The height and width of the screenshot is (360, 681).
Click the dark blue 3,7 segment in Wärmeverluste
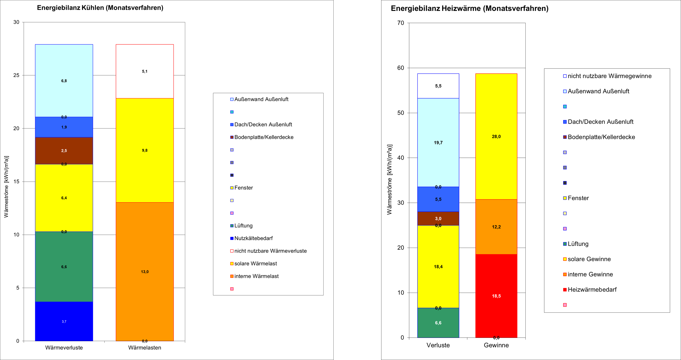pos(64,321)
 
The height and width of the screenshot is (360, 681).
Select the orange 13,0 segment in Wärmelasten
pos(144,272)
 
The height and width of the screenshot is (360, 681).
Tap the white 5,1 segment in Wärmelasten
pos(144,71)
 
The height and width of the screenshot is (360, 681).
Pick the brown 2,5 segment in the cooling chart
pos(64,150)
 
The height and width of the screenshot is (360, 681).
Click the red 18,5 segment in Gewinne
pos(496,296)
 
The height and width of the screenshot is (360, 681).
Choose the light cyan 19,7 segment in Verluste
pos(438,142)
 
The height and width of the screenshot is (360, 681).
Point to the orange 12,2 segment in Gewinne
pos(496,227)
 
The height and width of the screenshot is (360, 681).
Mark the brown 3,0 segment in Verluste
pos(438,219)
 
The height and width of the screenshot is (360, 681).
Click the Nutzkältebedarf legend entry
pos(251,238)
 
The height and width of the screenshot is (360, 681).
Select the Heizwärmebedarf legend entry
pos(590,290)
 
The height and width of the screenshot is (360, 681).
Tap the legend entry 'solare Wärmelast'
pos(254,264)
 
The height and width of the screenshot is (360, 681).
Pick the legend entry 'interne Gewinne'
pos(588,274)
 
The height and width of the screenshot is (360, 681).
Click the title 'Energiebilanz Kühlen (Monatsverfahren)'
pos(100,8)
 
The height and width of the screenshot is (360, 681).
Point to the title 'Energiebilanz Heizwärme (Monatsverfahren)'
pos(470,8)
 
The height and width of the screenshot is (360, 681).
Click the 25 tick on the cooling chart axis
pos(16,75)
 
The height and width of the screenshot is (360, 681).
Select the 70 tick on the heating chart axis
pos(401,23)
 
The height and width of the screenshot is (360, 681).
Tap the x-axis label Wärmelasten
pos(144,348)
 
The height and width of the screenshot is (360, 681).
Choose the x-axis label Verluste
pos(438,345)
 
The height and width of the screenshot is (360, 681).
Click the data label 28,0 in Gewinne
pos(496,136)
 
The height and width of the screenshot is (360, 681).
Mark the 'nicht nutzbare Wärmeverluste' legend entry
pos(268,251)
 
